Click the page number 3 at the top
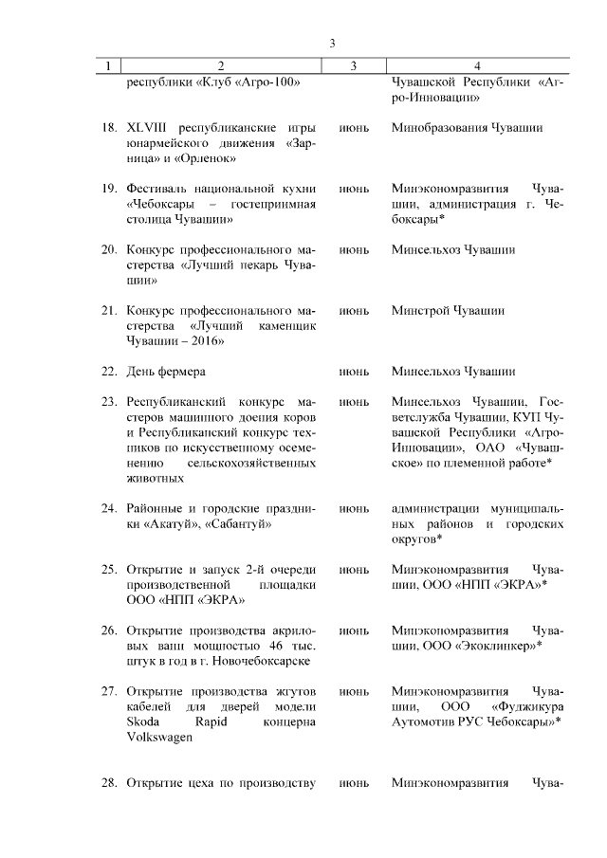332,44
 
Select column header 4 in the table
476,65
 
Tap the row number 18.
108,127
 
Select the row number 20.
108,249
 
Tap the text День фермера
166,371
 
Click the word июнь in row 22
353,371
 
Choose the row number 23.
108,401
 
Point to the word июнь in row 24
353,508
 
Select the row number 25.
108,569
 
